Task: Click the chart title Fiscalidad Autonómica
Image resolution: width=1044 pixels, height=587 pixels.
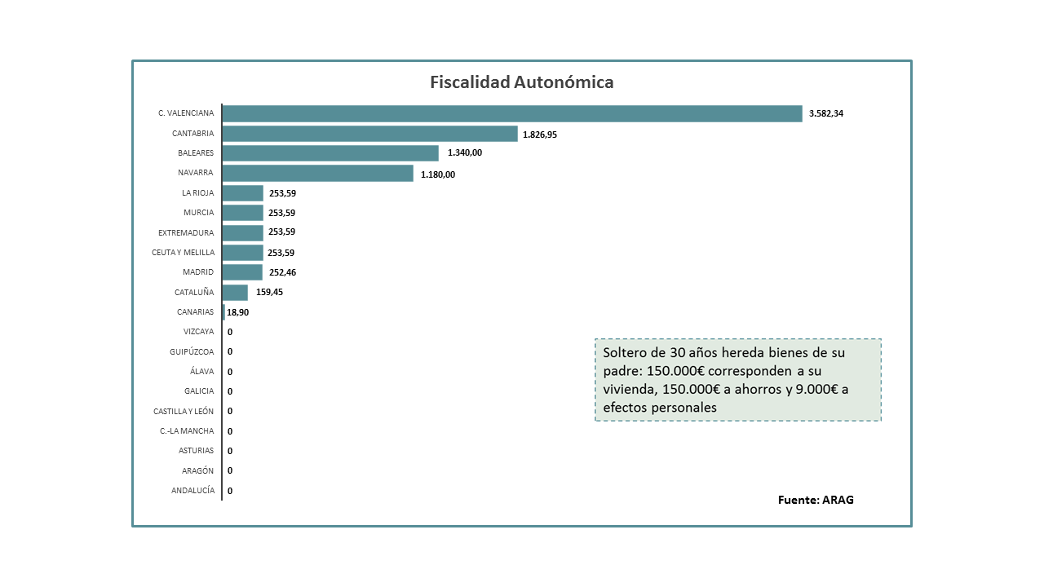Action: tap(522, 82)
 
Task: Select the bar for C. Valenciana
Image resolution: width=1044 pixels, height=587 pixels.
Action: tap(512, 113)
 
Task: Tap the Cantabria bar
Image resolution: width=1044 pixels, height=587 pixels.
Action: tap(369, 134)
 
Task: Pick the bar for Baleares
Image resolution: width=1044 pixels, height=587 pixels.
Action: tap(330, 153)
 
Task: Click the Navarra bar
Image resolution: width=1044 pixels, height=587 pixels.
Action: tap(317, 173)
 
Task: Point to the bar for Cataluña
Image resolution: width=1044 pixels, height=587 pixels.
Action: tap(235, 292)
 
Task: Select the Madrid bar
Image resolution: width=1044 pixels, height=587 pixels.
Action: tap(242, 272)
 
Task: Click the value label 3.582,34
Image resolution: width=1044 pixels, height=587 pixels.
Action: tap(826, 113)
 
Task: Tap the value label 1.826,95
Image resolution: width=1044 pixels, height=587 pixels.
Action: tap(540, 135)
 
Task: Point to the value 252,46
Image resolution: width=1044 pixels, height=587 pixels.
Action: tap(282, 272)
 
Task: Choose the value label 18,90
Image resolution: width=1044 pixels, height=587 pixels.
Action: tap(238, 312)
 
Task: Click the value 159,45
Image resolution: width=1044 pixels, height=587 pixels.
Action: tap(270, 292)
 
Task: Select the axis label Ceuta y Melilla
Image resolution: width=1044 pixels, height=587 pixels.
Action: tap(183, 253)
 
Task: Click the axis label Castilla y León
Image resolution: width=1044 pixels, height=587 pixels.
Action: tap(184, 411)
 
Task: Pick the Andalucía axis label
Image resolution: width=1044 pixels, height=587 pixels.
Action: tap(192, 490)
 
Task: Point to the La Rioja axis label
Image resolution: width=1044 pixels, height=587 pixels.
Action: tap(197, 193)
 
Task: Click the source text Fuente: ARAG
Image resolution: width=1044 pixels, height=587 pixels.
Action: tap(816, 500)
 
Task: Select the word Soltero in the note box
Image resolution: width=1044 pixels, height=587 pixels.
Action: tap(624, 353)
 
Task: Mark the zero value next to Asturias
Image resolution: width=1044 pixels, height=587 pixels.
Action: tap(230, 451)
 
